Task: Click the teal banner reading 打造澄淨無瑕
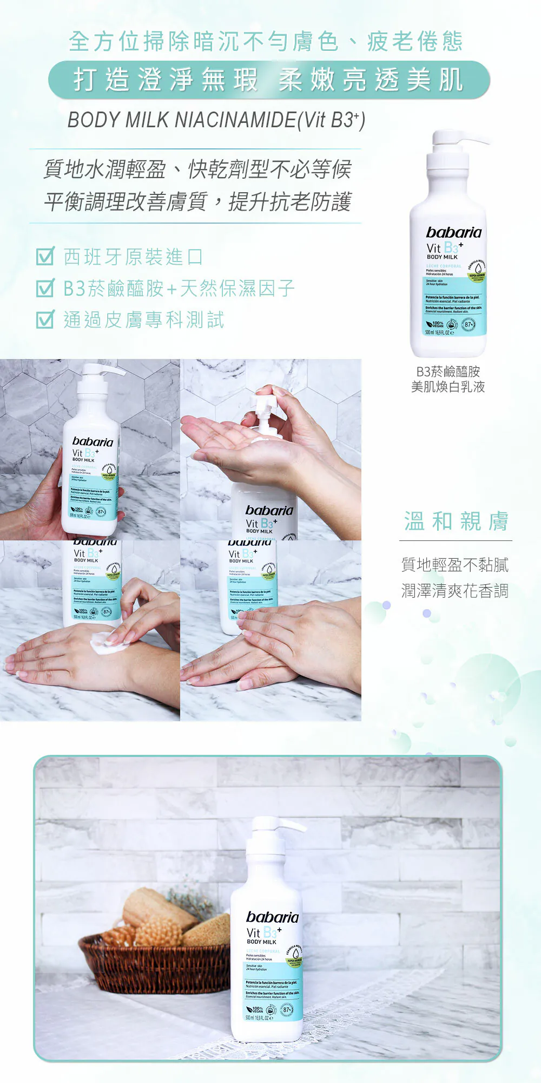(x=269, y=80)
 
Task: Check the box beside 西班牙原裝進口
(x=45, y=256)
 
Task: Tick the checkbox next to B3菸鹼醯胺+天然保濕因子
(x=45, y=288)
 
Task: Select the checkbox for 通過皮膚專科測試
(x=45, y=319)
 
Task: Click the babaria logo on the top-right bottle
(x=453, y=233)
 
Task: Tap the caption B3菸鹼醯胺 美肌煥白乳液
(x=448, y=379)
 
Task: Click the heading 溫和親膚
(x=456, y=521)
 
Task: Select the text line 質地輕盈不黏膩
(x=455, y=565)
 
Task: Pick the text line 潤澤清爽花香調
(x=455, y=591)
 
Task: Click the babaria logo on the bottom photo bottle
(x=272, y=917)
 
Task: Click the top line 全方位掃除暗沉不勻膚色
(x=266, y=42)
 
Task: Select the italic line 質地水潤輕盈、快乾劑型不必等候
(x=197, y=169)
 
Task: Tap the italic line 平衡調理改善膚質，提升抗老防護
(x=197, y=201)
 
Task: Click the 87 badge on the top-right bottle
(x=469, y=325)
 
